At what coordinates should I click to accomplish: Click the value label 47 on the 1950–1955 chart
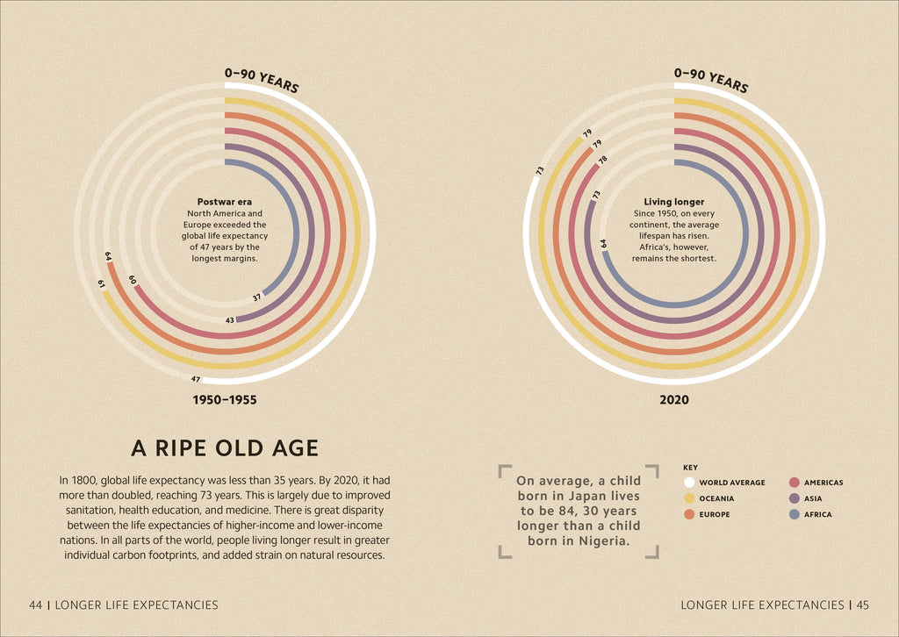click(x=196, y=379)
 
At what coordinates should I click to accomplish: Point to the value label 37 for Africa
click(x=256, y=297)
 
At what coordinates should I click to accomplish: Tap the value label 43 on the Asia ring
click(x=230, y=320)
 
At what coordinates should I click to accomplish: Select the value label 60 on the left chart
click(x=132, y=280)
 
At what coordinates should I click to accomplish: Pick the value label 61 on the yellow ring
click(x=102, y=283)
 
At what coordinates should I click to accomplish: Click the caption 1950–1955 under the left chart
click(x=224, y=400)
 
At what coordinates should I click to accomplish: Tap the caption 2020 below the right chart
click(x=673, y=400)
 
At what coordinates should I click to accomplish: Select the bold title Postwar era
click(x=224, y=202)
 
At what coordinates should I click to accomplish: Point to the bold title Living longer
click(x=674, y=202)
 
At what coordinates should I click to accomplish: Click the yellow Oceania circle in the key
click(x=689, y=498)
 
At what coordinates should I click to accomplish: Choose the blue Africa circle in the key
click(x=794, y=514)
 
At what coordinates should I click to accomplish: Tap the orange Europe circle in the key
click(x=689, y=514)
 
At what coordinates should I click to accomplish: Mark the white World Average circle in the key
click(x=689, y=483)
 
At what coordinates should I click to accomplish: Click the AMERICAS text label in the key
click(x=823, y=483)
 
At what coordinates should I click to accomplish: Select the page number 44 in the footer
click(x=36, y=605)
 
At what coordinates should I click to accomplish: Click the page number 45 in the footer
click(x=863, y=605)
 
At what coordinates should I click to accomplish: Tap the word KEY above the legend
click(x=690, y=468)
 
